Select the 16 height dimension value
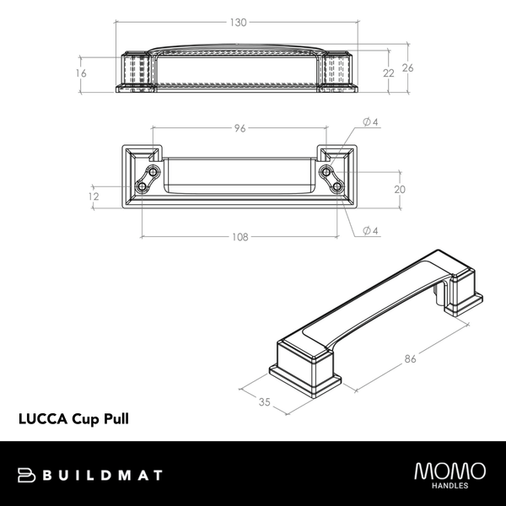point(81,73)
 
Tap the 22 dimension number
point(389,73)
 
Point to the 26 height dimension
point(407,68)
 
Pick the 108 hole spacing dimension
point(240,237)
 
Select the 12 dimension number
point(93,196)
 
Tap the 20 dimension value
point(400,189)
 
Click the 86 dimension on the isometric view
point(411,360)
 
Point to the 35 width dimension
point(264,403)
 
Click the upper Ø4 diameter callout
point(369,122)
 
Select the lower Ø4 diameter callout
point(369,230)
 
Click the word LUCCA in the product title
point(42,417)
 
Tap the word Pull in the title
point(114,417)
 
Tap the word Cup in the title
point(83,417)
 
